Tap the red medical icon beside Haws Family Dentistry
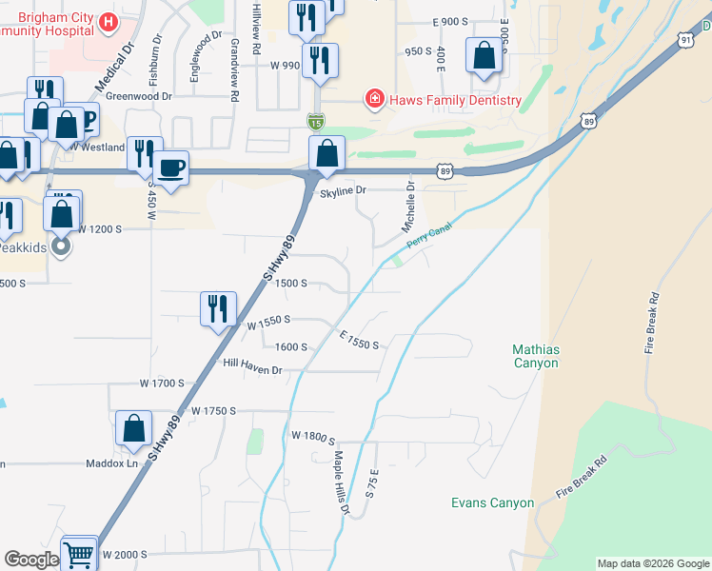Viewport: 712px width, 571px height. coord(375,99)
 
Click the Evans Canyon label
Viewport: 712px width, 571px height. coord(492,502)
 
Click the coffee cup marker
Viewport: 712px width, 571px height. coord(171,168)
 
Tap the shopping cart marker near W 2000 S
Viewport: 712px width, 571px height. coord(79,554)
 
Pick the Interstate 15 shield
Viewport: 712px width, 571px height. coord(316,121)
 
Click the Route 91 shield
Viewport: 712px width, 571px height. coord(687,39)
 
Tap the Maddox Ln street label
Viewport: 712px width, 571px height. coord(111,463)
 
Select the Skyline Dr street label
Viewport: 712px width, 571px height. coord(344,190)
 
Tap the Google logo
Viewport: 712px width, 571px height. coord(31,559)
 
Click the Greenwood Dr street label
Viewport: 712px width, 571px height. coord(139,96)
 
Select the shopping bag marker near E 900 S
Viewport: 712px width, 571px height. coord(484,57)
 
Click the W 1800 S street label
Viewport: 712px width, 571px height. coord(314,436)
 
